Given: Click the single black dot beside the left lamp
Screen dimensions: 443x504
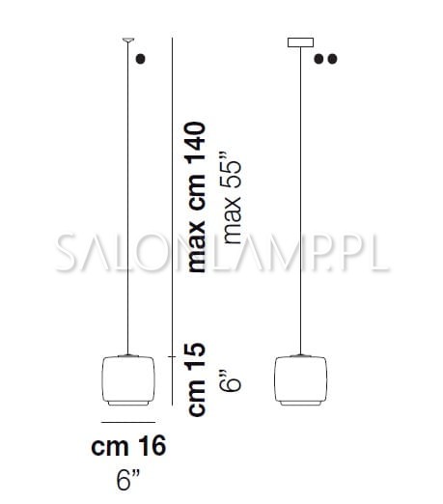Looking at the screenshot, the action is pos(141,59).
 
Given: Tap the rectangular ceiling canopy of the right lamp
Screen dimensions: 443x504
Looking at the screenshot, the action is pos(300,42).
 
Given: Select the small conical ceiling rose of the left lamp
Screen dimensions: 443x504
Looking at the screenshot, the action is pos(128,40).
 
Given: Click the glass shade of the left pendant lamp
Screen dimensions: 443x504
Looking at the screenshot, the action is pos(128,378).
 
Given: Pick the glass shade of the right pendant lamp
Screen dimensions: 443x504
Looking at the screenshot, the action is pos(301,378).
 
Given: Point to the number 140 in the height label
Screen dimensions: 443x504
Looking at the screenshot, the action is pos(197,142).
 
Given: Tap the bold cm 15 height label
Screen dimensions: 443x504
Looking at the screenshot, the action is pos(197,379).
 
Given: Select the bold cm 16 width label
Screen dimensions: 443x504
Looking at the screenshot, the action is pos(128,445).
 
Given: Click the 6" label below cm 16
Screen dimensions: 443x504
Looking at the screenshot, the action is pos(128,480).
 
